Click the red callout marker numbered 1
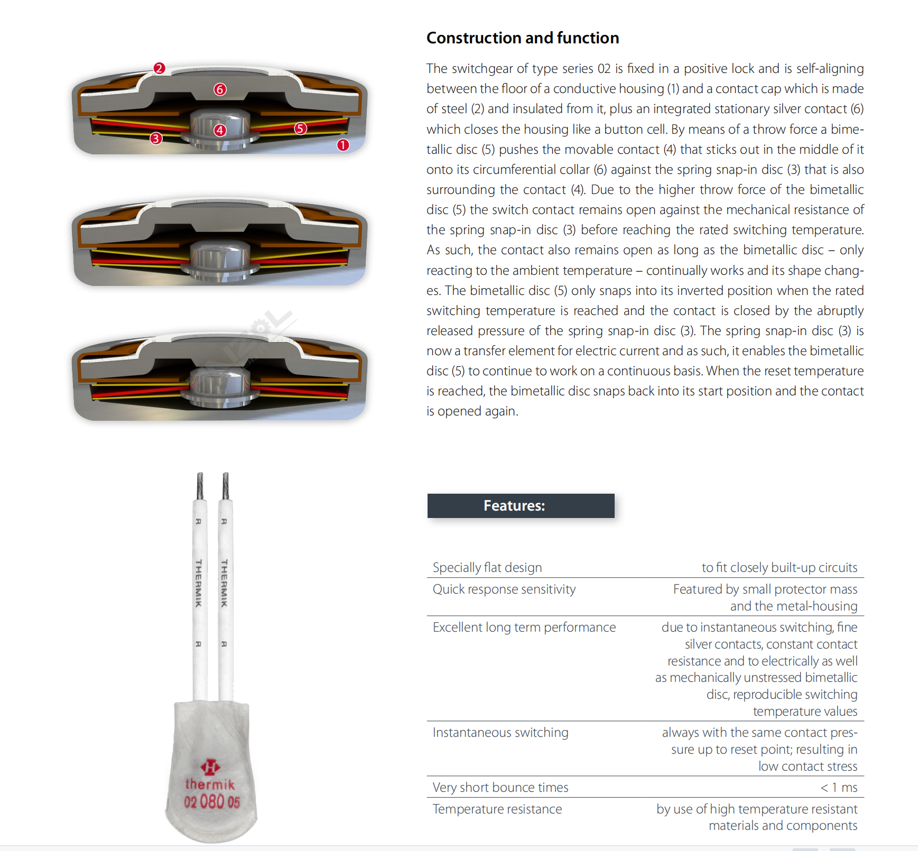pyautogui.click(x=343, y=145)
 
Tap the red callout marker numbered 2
pyautogui.click(x=159, y=68)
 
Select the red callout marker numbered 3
pyautogui.click(x=155, y=138)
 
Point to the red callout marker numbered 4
pyautogui.click(x=220, y=130)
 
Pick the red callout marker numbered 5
pyautogui.click(x=300, y=128)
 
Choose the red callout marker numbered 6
pyautogui.click(x=220, y=89)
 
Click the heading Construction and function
pyautogui.click(x=522, y=38)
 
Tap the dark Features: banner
pyautogui.click(x=521, y=506)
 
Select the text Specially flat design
pyautogui.click(x=487, y=568)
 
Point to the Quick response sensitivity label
pyautogui.click(x=504, y=589)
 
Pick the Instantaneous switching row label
pyautogui.click(x=500, y=733)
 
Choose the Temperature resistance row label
pyautogui.click(x=497, y=809)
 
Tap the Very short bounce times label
pyautogui.click(x=500, y=788)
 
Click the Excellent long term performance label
pyautogui.click(x=524, y=627)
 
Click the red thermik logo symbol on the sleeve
pyautogui.click(x=210, y=766)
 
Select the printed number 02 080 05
pyautogui.click(x=212, y=802)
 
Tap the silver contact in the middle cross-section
pyautogui.click(x=220, y=259)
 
